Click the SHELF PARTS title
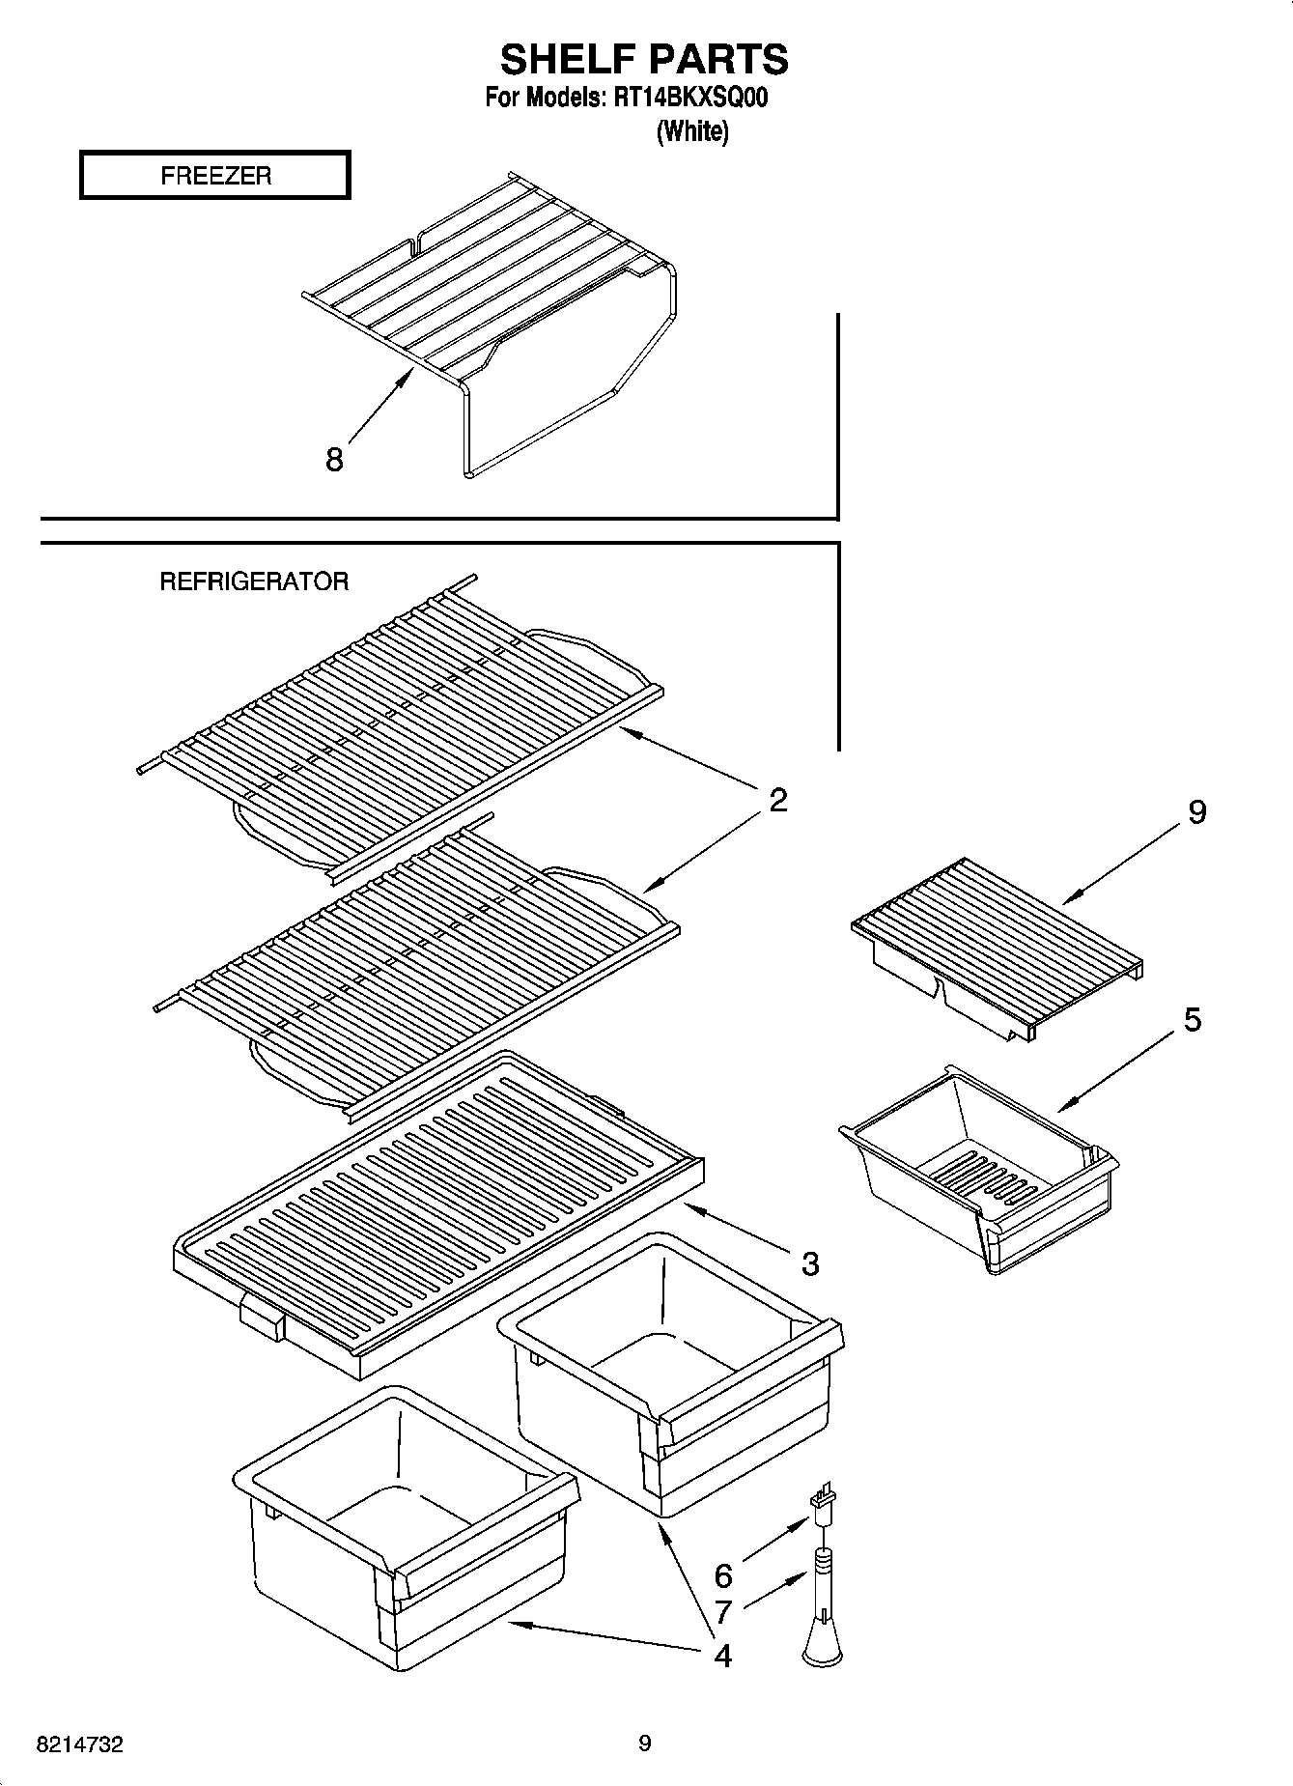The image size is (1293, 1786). [x=644, y=60]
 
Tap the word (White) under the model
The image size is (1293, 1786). [x=692, y=131]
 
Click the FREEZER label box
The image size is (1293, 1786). [x=214, y=176]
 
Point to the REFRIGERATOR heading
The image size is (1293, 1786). [x=253, y=581]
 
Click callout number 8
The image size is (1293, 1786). [x=334, y=459]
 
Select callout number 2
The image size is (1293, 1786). [x=778, y=800]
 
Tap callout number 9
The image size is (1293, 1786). [x=1196, y=812]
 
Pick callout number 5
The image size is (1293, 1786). [x=1193, y=1019]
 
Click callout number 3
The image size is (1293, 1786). [x=809, y=1262]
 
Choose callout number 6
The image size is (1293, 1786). [x=723, y=1576]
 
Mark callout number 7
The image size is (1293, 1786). [x=723, y=1611]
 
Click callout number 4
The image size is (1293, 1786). [x=722, y=1656]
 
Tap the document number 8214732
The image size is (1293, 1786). [x=79, y=1744]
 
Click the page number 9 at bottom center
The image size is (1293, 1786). [x=644, y=1743]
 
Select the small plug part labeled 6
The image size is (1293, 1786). [x=822, y=1509]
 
